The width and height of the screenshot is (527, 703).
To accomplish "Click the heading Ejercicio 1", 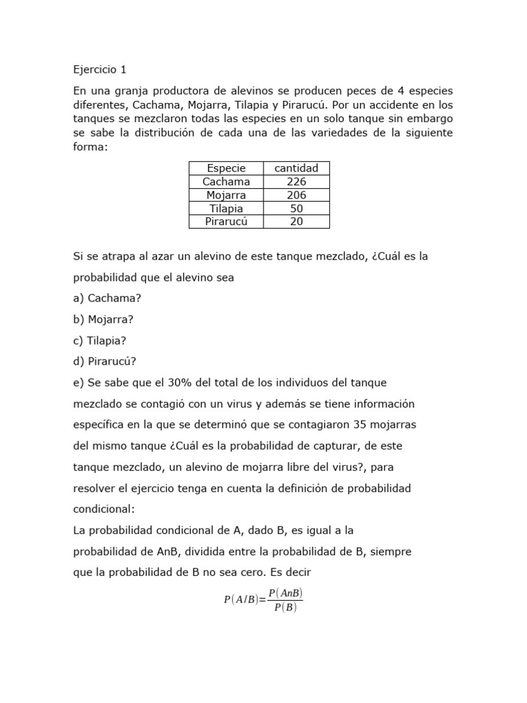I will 99,69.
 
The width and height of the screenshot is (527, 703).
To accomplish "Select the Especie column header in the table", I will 226,168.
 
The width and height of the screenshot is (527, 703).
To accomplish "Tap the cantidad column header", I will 296,168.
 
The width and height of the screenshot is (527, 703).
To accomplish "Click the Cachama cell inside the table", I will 226,181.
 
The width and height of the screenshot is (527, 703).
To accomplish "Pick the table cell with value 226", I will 296,181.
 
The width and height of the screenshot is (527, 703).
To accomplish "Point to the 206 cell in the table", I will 296,195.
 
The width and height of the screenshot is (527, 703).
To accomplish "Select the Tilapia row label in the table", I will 226,208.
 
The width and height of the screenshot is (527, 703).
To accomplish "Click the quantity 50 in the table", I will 296,208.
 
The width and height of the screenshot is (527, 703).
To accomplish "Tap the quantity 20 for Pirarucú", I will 296,221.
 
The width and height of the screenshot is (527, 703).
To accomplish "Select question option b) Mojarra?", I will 103,319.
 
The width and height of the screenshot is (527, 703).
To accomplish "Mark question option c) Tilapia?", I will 99,341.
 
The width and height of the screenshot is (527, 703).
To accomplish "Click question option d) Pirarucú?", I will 104,361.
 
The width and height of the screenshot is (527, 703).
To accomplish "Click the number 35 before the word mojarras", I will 361,424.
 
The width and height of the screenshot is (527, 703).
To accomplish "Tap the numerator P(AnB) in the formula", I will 285,593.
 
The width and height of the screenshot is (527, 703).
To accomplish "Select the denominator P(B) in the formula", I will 285,608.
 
